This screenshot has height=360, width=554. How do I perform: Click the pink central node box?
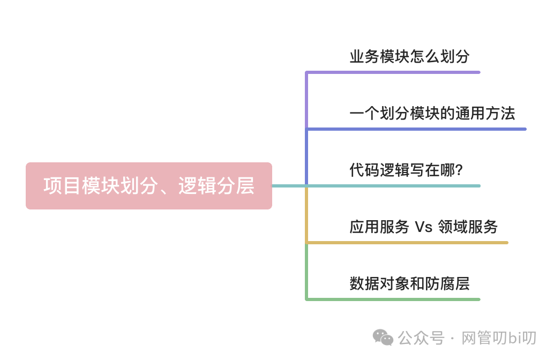[148, 186]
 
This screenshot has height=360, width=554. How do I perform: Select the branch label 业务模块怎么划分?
[410, 57]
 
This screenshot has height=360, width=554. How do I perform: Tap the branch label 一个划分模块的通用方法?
[432, 114]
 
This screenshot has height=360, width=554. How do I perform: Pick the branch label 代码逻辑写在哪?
[406, 170]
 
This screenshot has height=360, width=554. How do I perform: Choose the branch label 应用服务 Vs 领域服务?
[423, 227]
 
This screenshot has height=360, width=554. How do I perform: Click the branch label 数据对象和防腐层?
[409, 284]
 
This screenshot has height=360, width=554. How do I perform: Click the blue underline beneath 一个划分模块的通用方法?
[429, 129]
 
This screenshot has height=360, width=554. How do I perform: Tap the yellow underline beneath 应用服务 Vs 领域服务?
[418, 243]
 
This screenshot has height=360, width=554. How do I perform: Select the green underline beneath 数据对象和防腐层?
[407, 299]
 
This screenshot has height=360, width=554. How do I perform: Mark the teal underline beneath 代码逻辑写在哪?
[407, 186]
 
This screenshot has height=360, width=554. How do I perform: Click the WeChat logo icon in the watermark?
[383, 337]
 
